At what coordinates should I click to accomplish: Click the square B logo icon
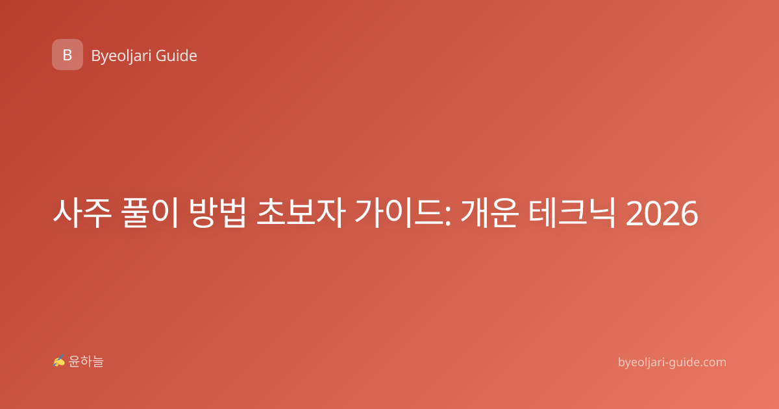point(68,55)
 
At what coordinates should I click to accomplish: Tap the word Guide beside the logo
point(177,56)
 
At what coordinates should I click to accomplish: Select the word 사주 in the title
point(82,213)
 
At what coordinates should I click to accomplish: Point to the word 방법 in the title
point(217,213)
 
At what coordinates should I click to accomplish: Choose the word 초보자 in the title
point(301,213)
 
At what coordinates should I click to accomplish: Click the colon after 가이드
point(448,217)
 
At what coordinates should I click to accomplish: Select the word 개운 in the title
point(489,213)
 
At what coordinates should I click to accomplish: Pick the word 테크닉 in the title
point(572,213)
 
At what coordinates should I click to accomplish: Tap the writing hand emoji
point(59,361)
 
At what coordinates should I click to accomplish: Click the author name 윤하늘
point(86,362)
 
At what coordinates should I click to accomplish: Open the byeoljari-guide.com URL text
point(672,362)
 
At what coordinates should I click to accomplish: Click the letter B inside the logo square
point(68,55)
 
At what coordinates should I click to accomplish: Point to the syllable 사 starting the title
point(68,213)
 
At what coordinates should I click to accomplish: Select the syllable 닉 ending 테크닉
point(602,213)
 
